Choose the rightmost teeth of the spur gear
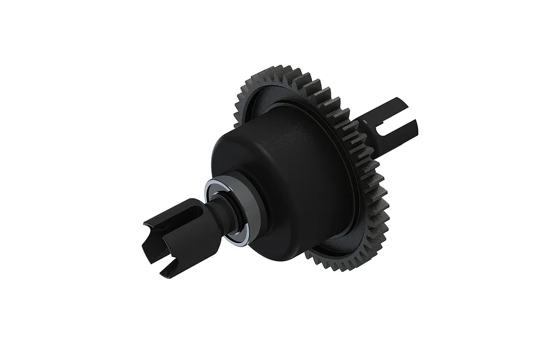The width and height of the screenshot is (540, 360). [x=385, y=198]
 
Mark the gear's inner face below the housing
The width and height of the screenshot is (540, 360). [x=330, y=246]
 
